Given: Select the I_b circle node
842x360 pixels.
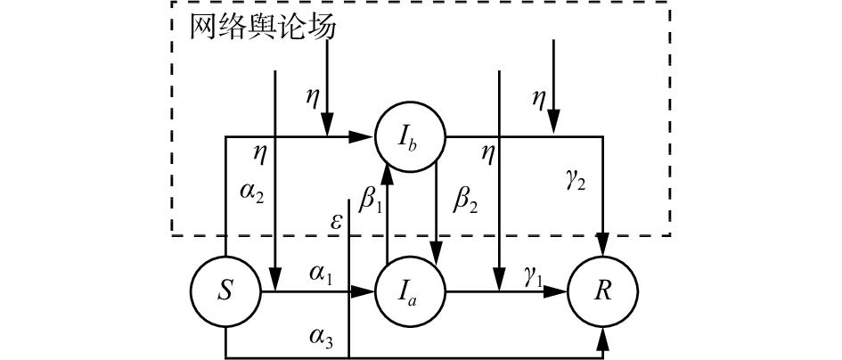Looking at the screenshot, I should (x=410, y=137).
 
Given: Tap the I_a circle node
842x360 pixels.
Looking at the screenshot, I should (x=410, y=291).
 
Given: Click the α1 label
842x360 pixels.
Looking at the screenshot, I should (x=321, y=274).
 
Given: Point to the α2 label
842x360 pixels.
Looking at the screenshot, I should (x=251, y=194).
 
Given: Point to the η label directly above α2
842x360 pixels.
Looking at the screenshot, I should (x=260, y=153).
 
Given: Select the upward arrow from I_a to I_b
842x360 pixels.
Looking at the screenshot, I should (x=388, y=214).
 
